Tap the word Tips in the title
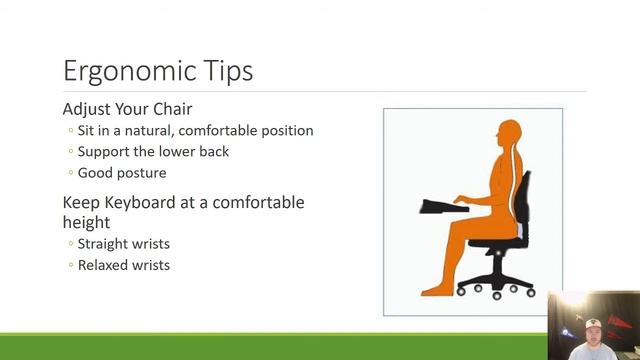pyautogui.click(x=230, y=71)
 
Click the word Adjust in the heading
pyautogui.click(x=88, y=110)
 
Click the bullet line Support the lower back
pyautogui.click(x=153, y=152)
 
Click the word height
pyautogui.click(x=86, y=222)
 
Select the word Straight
pyautogui.click(x=103, y=244)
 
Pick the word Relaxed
pyautogui.click(x=102, y=265)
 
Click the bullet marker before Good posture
pyautogui.click(x=69, y=173)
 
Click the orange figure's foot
pyautogui.click(x=436, y=290)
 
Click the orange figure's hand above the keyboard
pyautogui.click(x=460, y=199)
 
